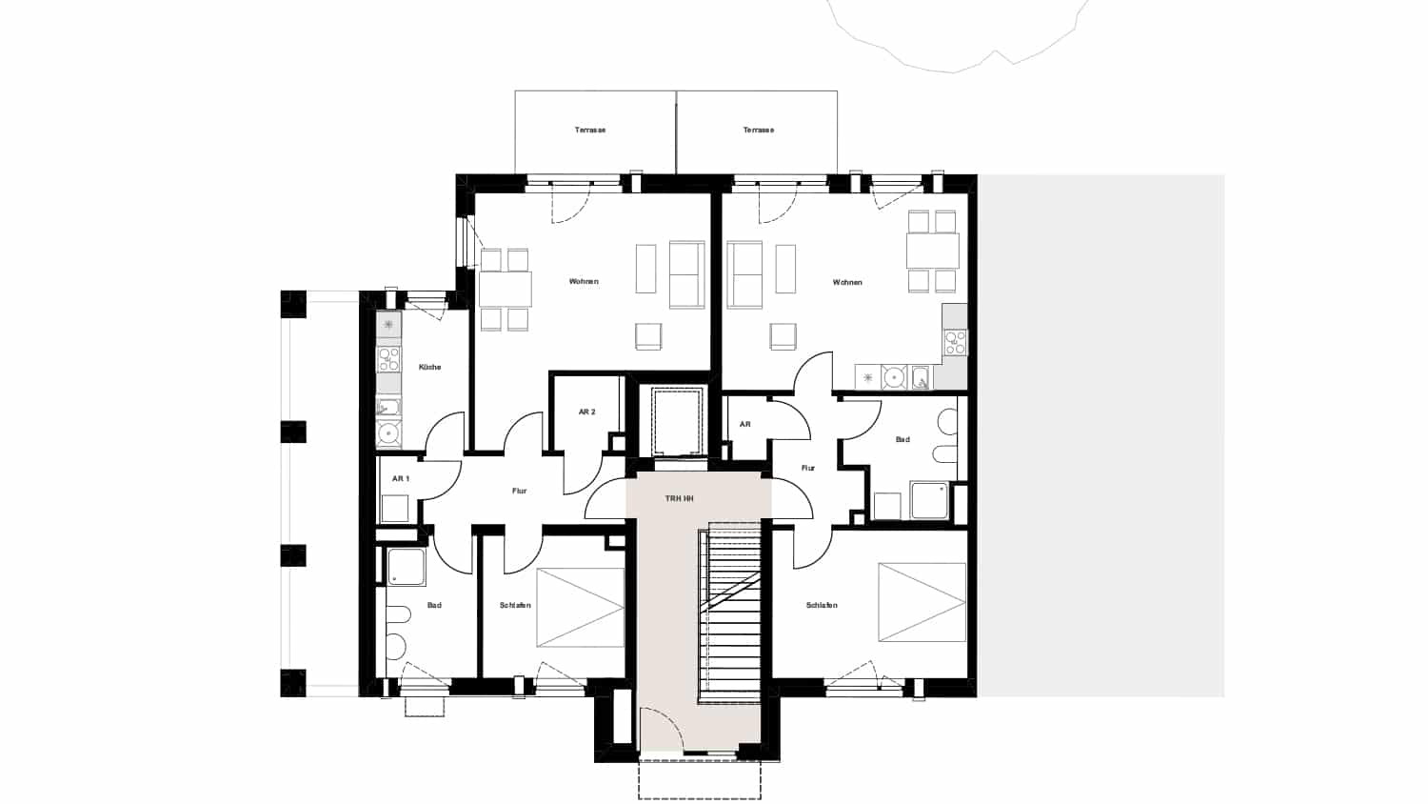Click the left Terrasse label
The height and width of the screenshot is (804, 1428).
click(589, 131)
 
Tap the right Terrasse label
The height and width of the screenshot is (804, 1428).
click(758, 131)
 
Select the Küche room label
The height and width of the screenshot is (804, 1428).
click(429, 367)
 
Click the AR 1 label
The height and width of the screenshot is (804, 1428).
click(401, 478)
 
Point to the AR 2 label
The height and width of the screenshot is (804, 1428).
click(586, 412)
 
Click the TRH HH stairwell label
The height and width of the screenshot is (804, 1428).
click(679, 498)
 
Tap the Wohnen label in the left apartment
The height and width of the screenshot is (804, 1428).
click(584, 281)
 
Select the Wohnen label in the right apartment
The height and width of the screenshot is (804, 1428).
click(847, 282)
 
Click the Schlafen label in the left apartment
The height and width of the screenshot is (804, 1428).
click(515, 605)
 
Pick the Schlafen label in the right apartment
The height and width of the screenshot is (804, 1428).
click(822, 605)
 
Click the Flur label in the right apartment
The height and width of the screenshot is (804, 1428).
click(807, 469)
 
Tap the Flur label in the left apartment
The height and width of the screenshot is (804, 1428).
click(519, 491)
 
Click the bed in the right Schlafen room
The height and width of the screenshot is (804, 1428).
click(922, 602)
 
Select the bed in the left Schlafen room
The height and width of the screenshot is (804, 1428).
click(580, 608)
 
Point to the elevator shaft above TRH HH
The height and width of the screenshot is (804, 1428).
click(676, 422)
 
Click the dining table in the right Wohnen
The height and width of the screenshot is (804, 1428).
click(933, 251)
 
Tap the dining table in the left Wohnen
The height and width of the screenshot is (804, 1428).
click(505, 290)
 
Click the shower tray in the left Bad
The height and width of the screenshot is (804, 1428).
click(407, 567)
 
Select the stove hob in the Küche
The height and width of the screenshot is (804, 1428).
click(388, 359)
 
